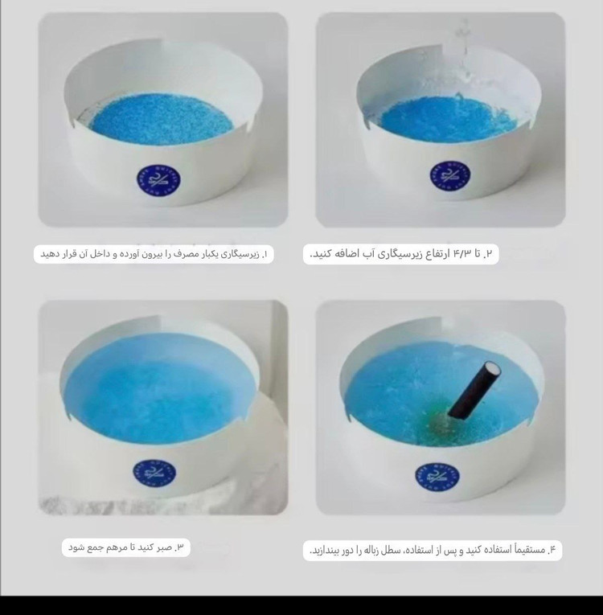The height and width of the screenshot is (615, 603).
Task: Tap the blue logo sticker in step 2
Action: click(450, 175)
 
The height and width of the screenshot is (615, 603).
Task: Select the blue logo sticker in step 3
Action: click(154, 474)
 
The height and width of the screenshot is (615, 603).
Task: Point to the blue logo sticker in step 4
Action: click(437, 476)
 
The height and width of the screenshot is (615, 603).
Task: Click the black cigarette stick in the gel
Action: click(474, 390)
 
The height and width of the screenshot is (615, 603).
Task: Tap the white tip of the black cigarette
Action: click(493, 369)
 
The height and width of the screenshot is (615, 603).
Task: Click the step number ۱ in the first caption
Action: click(265, 254)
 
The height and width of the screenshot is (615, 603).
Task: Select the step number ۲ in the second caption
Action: click(489, 254)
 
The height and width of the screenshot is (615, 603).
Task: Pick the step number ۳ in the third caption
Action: click(179, 547)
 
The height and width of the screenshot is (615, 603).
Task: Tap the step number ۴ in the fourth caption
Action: click(552, 550)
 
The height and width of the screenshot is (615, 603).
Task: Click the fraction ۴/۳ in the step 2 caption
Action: click(461, 253)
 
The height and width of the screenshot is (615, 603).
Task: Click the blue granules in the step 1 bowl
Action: click(161, 118)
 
